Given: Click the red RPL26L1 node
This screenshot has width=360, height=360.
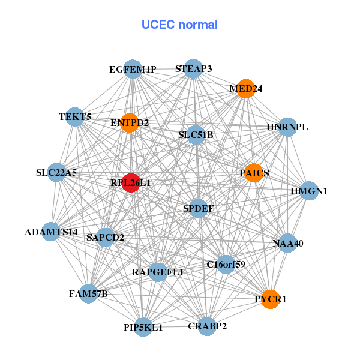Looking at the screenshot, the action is pyautogui.click(x=131, y=182).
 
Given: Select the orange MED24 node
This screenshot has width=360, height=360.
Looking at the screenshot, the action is pyautogui.click(x=246, y=89).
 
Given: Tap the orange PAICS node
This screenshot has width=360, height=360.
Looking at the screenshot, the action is pyautogui.click(x=253, y=173).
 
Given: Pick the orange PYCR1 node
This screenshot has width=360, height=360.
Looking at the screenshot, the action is pyautogui.click(x=271, y=299).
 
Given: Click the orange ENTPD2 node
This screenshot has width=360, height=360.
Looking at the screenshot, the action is pyautogui.click(x=130, y=123).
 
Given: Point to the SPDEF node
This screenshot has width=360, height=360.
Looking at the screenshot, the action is pyautogui.click(x=199, y=208).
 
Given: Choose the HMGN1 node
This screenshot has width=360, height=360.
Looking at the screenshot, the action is pyautogui.click(x=308, y=191).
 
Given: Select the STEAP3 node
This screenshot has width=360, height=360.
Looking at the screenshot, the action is pyautogui.click(x=193, y=69).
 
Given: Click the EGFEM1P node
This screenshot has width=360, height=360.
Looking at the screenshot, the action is pyautogui.click(x=133, y=70).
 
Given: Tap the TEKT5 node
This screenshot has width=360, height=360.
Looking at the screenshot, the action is pyautogui.click(x=75, y=116).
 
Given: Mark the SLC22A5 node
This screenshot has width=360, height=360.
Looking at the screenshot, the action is pyautogui.click(x=56, y=173).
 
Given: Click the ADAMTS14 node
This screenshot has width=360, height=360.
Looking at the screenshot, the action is pyautogui.click(x=51, y=232).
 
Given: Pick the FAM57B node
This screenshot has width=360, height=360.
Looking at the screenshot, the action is pyautogui.click(x=88, y=294).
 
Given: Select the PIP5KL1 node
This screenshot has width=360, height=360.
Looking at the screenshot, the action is pyautogui.click(x=143, y=327).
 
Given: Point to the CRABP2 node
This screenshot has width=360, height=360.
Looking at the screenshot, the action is pyautogui.click(x=207, y=326).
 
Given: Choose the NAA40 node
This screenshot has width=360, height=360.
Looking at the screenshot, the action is pyautogui.click(x=288, y=244).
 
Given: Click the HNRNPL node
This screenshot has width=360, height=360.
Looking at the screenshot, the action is pyautogui.click(x=287, y=127).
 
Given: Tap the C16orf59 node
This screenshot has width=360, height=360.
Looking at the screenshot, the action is pyautogui.click(x=226, y=263).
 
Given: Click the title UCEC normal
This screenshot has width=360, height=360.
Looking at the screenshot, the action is pyautogui.click(x=179, y=25).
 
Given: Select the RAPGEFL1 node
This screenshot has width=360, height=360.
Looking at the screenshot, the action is pyautogui.click(x=158, y=272).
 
